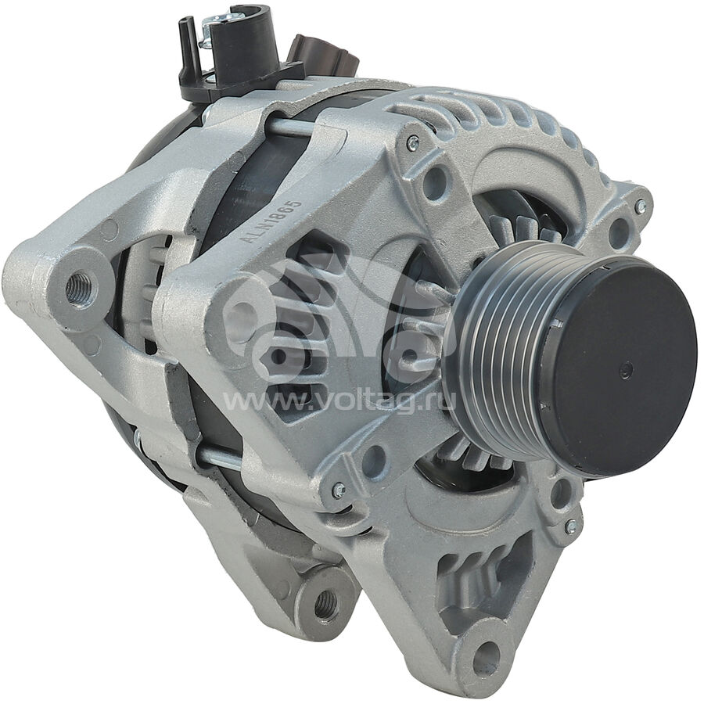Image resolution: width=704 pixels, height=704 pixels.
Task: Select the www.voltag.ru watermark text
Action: click(339, 399)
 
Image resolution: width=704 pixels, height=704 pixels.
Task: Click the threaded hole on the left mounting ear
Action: click(78, 288)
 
